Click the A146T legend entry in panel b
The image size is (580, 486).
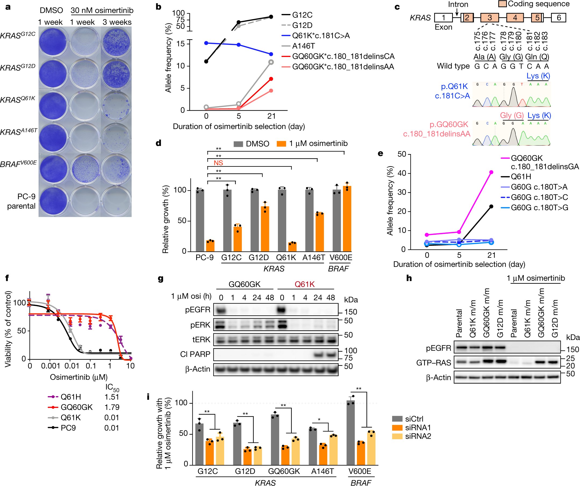pyautogui.click(x=303, y=46)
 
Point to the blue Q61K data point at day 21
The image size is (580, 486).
pyautogui.click(x=271, y=54)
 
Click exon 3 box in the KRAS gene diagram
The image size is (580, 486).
pyautogui.click(x=489, y=18)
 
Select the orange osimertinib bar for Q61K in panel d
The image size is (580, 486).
pyautogui.click(x=292, y=247)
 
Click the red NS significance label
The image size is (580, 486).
pyautogui.click(x=218, y=163)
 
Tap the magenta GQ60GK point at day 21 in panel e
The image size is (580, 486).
pyautogui.click(x=491, y=172)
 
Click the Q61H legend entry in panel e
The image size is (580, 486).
pyautogui.click(x=521, y=177)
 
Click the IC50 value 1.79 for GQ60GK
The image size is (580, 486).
pyautogui.click(x=112, y=407)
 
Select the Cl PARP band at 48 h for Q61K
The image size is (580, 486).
pyautogui.click(x=330, y=355)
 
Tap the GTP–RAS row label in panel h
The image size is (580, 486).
pyautogui.click(x=433, y=363)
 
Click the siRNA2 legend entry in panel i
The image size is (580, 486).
pyautogui.click(x=418, y=436)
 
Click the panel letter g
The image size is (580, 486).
pyautogui.click(x=160, y=278)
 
